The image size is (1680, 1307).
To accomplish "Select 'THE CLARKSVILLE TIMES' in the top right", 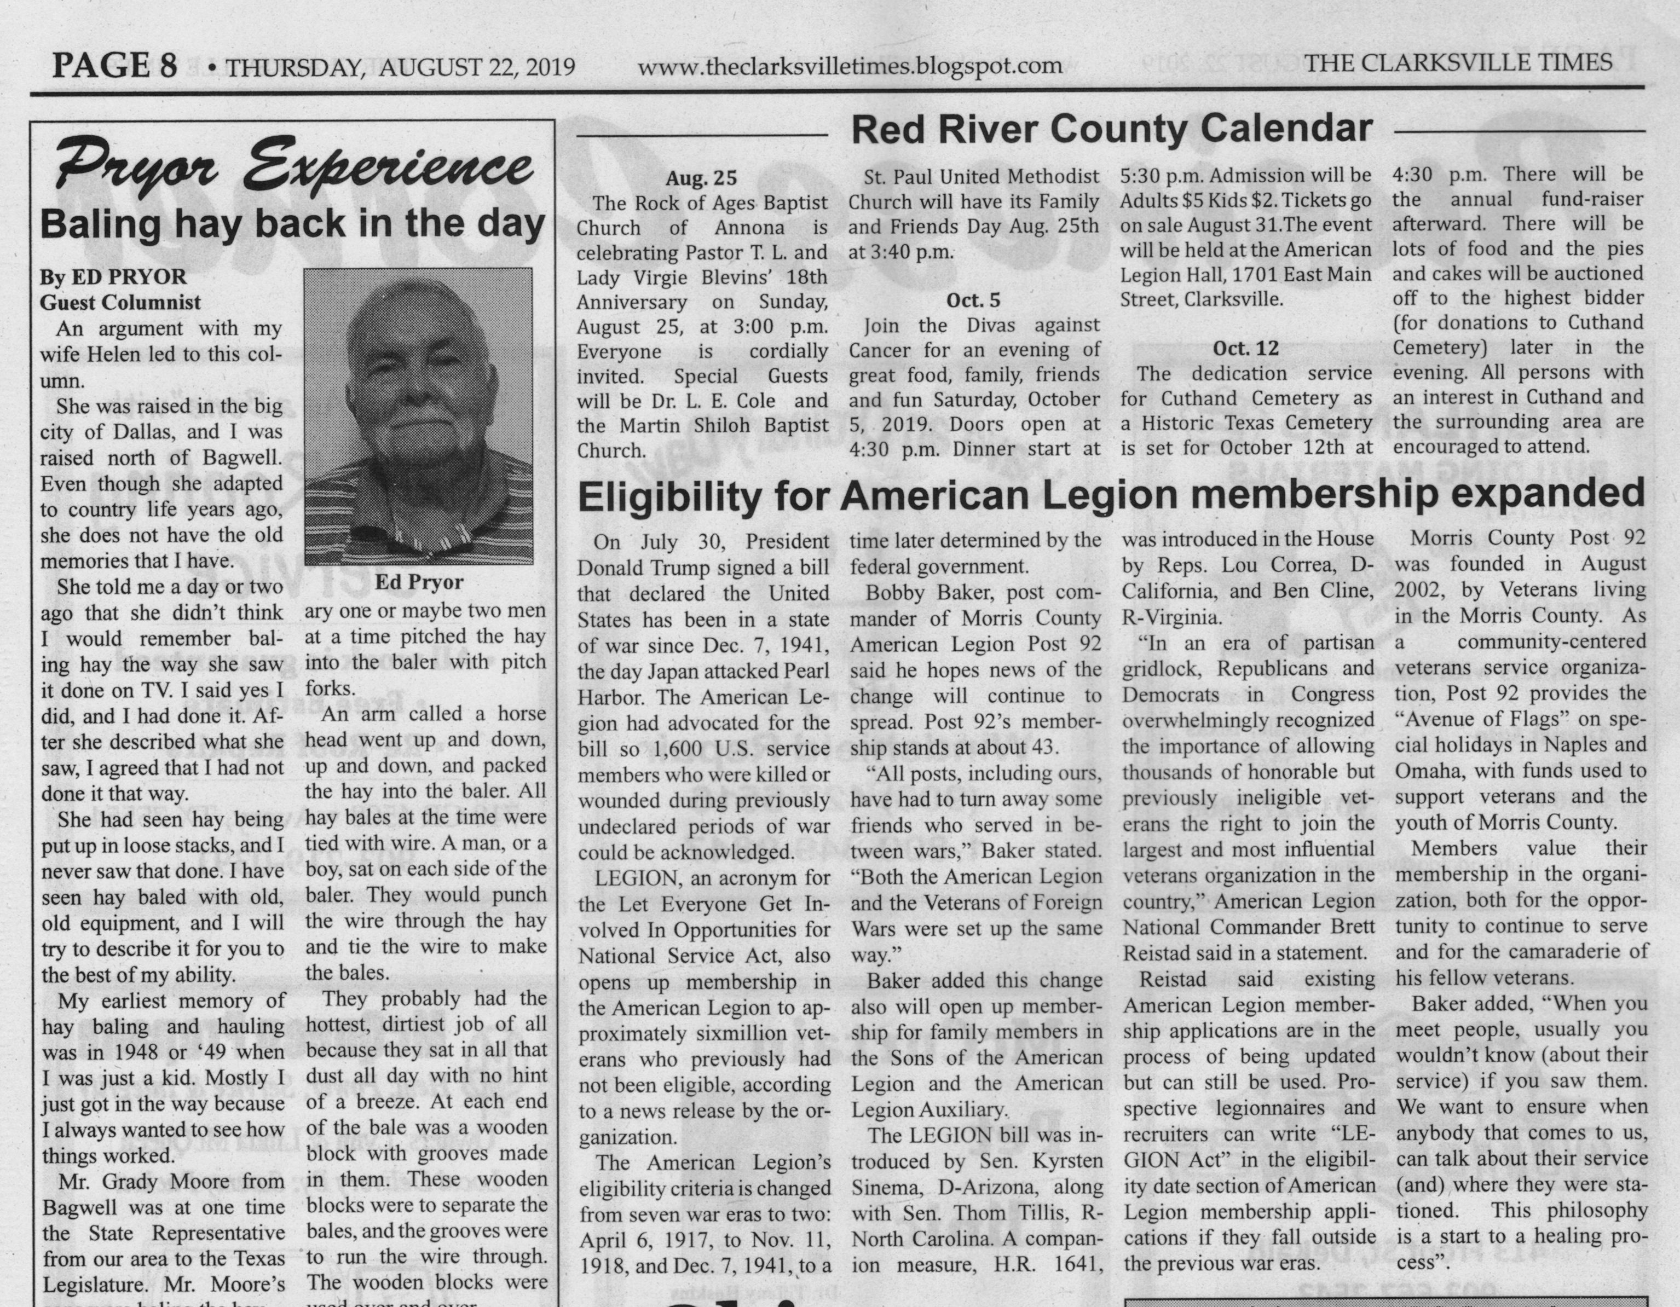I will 1458,62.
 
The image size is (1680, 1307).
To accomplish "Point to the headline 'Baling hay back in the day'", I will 292,224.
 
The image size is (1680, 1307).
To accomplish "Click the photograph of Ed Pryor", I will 418,416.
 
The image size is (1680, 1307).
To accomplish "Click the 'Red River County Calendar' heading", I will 1112,129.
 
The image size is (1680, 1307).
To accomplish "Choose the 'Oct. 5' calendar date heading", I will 973,300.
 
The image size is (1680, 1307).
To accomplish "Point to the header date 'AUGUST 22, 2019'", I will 477,67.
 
